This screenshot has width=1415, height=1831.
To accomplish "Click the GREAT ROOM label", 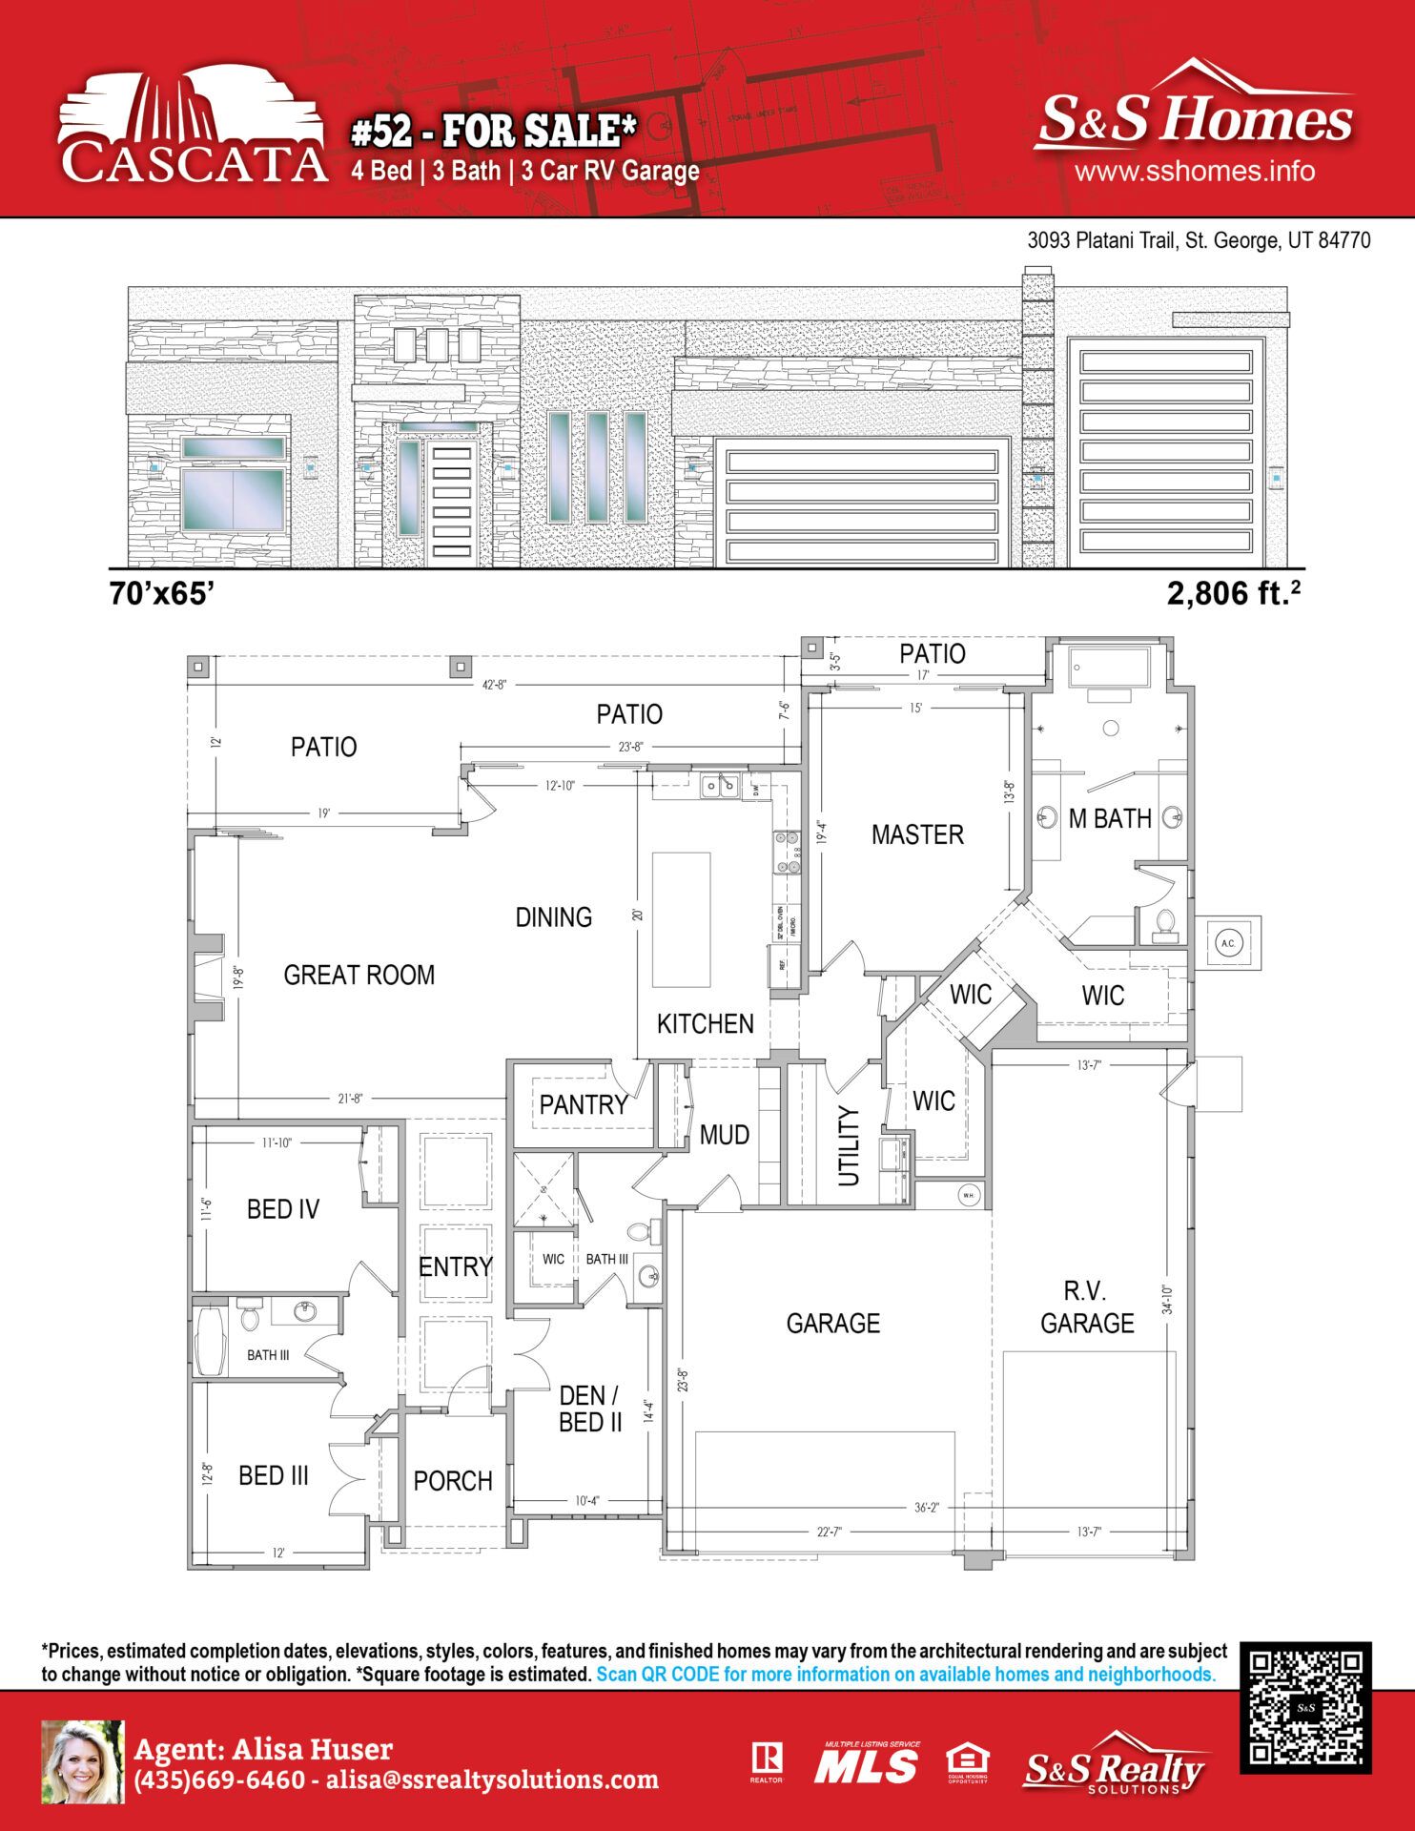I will click(359, 975).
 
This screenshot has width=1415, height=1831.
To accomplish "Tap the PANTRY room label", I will click(583, 1104).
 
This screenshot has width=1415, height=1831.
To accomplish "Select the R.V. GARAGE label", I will click(1086, 1307).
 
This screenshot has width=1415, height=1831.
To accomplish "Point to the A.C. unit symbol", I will click(1228, 943).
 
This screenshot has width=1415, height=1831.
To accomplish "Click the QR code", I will click(1305, 1708).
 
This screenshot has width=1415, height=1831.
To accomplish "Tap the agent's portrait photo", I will click(83, 1762).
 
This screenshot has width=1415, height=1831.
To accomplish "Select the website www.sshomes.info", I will click(1194, 172).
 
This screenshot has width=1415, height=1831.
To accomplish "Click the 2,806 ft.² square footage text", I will click(1233, 593).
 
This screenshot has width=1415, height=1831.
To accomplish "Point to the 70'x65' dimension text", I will click(161, 593).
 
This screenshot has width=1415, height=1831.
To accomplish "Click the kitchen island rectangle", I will click(681, 919).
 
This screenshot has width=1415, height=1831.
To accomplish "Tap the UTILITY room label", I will click(848, 1145).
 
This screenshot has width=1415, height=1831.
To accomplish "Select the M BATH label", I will click(1109, 818).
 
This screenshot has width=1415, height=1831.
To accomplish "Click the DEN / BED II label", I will click(589, 1409).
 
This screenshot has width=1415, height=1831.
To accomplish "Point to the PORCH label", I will click(452, 1481).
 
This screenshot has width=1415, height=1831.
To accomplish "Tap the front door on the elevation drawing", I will click(452, 503).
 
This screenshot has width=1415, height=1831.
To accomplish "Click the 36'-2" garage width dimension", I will click(926, 1508).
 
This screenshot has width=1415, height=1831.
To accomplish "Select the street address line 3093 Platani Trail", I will click(1198, 240).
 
